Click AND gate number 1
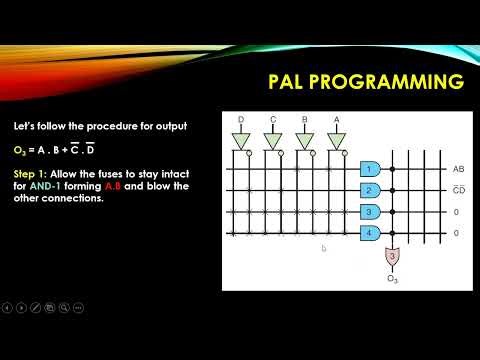click(369, 169)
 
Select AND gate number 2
click(369, 190)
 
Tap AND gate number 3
click(369, 211)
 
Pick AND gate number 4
click(369, 232)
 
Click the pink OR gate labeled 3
click(393, 257)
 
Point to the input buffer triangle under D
click(240, 140)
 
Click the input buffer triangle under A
click(336, 140)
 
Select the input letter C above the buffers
click(272, 120)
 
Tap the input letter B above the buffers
click(304, 120)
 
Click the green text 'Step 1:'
click(34, 174)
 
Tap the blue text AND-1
click(49, 185)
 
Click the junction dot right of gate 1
click(393, 169)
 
